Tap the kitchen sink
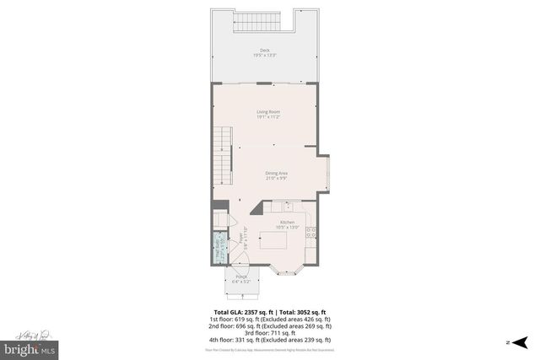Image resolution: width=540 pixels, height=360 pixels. click(x=288, y=206)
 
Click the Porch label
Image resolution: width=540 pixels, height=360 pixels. click(x=241, y=278)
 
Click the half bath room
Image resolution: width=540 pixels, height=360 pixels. click(x=219, y=250)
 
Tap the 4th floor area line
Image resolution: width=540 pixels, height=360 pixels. click(x=269, y=340)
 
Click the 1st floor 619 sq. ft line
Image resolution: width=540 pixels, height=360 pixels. click(x=269, y=320)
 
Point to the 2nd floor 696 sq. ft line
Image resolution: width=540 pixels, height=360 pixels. click(x=269, y=326)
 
